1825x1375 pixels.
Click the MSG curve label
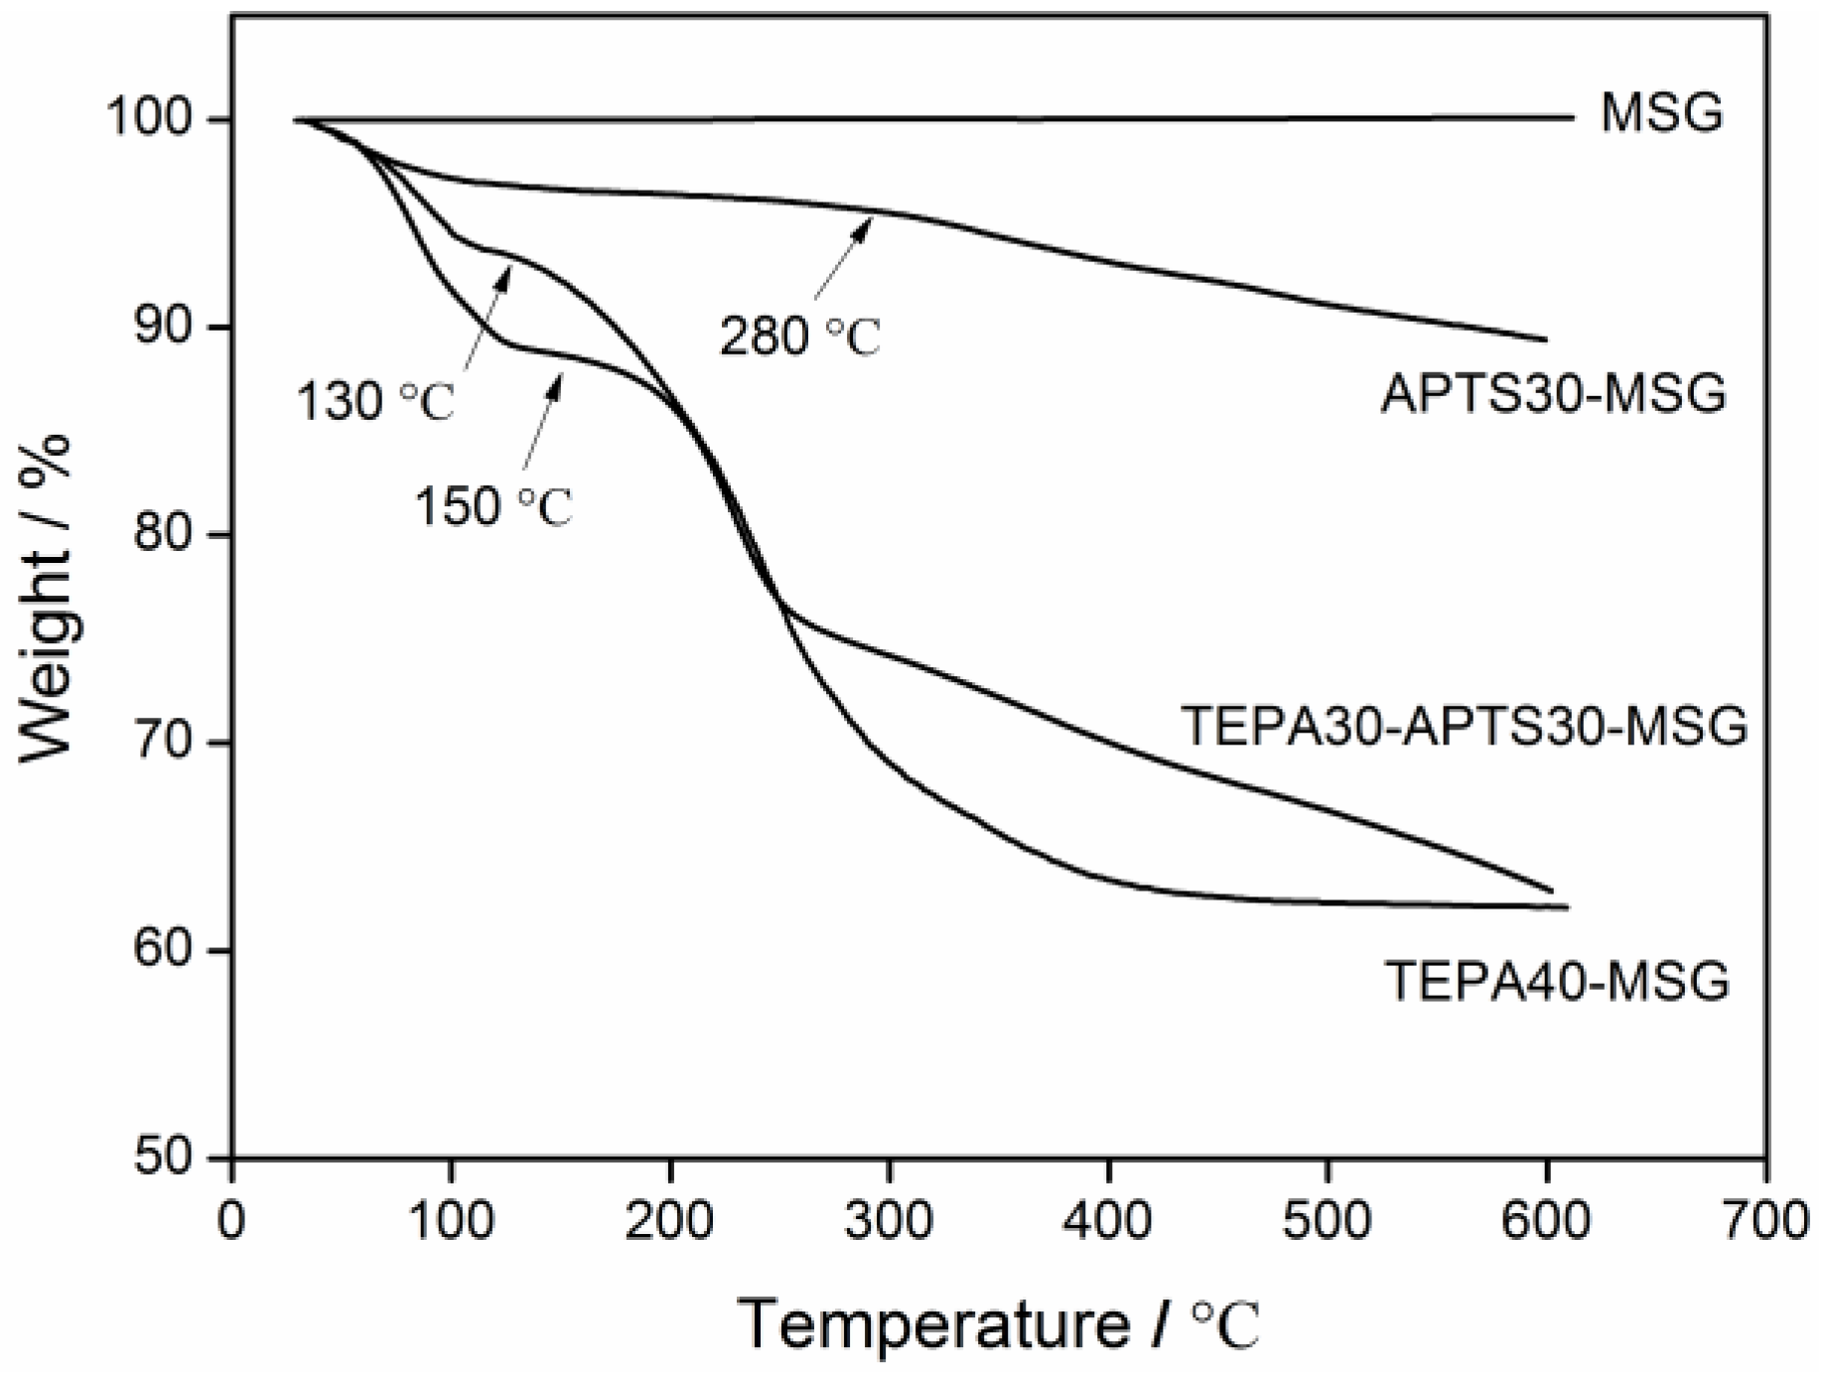pyautogui.click(x=1661, y=114)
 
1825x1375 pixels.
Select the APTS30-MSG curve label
pyautogui.click(x=1554, y=394)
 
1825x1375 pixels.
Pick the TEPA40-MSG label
pyautogui.click(x=1557, y=982)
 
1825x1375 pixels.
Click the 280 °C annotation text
pyautogui.click(x=800, y=338)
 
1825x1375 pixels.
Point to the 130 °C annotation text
pyautogui.click(x=375, y=402)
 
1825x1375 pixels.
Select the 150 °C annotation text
pyautogui.click(x=493, y=506)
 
